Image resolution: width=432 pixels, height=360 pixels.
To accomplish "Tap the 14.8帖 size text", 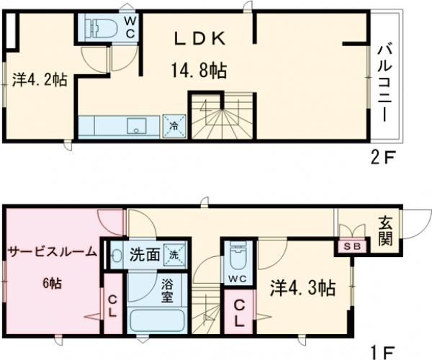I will coord(199,70).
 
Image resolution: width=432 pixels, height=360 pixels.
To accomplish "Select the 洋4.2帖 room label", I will coord(40,79).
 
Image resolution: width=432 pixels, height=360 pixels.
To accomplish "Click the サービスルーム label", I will coord(51,252).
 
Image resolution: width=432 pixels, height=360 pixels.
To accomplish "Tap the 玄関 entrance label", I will coord(385,230).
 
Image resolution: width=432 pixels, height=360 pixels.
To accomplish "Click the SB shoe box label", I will coord(352,246).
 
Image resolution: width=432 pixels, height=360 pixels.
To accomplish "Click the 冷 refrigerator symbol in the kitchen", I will coord(174,125).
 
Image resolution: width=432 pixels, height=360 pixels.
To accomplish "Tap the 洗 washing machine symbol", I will coord(175,253).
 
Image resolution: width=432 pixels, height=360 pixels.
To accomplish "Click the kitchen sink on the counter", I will coord(136,127).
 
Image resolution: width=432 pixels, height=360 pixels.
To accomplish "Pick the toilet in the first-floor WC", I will coord(235,256).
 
